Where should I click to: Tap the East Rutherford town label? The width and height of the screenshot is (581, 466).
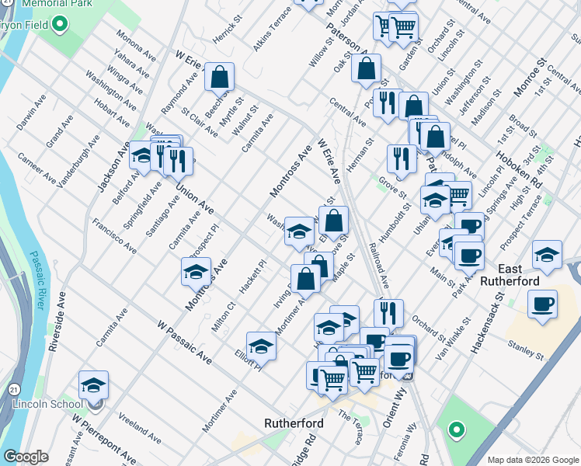point(513,287)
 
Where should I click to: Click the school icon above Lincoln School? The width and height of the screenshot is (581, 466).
point(93,384)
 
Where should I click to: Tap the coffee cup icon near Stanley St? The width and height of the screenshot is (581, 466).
point(542,304)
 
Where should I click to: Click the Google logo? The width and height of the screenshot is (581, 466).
point(26,457)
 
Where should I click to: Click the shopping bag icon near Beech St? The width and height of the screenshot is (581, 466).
point(221,76)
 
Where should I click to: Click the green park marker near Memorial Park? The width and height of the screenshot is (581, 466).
point(60,24)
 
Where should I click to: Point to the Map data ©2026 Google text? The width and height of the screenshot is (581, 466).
point(532,459)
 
